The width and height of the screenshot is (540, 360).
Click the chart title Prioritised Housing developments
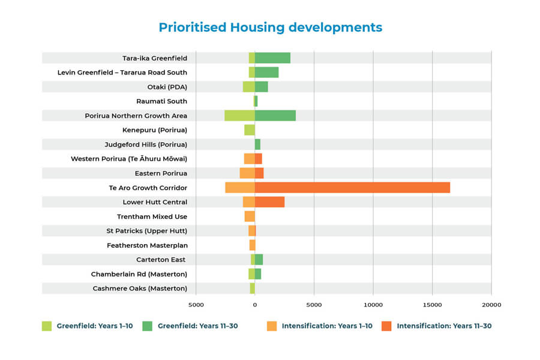point(270,28)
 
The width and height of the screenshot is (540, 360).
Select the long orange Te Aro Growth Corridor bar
point(352,188)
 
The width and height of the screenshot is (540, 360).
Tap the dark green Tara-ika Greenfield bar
point(272,58)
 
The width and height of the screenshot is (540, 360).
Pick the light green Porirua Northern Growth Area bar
point(239,116)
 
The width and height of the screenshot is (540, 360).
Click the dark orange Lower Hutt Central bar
point(269,202)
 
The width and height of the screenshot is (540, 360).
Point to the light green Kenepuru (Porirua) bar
point(249,130)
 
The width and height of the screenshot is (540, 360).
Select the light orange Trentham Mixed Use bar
point(250,217)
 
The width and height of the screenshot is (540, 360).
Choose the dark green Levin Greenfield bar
point(266,73)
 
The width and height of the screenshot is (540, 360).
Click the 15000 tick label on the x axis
point(432,305)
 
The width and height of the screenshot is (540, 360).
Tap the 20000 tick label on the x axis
point(491,305)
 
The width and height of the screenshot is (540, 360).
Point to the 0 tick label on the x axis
point(254,305)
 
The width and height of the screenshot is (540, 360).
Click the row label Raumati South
point(161,101)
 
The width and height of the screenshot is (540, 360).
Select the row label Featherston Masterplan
point(147,245)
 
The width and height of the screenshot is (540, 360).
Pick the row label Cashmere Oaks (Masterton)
point(140,289)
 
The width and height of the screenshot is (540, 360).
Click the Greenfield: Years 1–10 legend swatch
point(47,326)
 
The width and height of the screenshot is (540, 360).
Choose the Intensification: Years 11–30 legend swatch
point(386,326)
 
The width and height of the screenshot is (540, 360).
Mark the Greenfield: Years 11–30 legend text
point(197,326)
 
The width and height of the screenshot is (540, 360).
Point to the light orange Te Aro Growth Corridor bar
point(240,188)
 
